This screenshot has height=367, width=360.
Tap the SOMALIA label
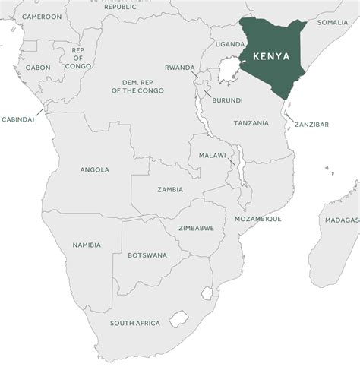click(x=333, y=23)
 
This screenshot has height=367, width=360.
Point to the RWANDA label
click(x=180, y=67)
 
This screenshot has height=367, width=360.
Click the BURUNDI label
click(x=227, y=100)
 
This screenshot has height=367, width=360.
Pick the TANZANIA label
click(x=251, y=123)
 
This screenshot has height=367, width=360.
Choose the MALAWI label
click(x=212, y=155)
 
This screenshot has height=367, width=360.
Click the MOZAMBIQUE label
click(x=257, y=219)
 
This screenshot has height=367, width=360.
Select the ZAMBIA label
click(x=170, y=190)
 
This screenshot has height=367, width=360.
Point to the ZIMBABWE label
click(x=196, y=228)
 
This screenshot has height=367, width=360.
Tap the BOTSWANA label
click(x=147, y=255)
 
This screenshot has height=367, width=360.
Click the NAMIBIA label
click(x=86, y=245)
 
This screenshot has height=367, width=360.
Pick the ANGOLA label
click(x=94, y=170)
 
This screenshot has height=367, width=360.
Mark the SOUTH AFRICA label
click(x=134, y=323)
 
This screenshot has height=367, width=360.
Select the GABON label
click(x=37, y=68)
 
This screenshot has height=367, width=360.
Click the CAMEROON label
click(x=42, y=17)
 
